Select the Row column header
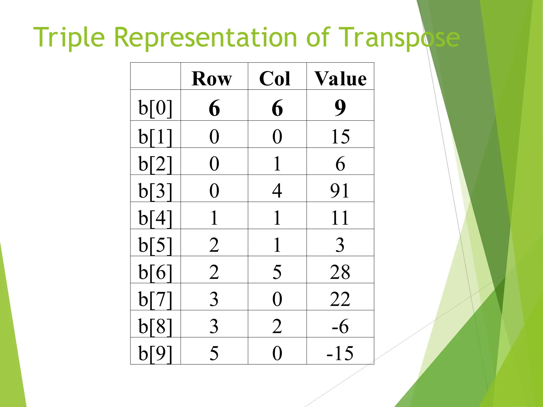click(212, 79)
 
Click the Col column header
click(275, 79)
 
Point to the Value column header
click(340, 79)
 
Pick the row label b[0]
click(155, 108)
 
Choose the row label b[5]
click(155, 245)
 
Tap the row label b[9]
click(155, 353)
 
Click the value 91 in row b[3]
click(340, 191)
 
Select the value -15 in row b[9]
click(340, 353)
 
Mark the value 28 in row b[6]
click(340, 272)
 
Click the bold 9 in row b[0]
click(340, 108)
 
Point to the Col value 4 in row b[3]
click(277, 191)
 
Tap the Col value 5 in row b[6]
click(277, 272)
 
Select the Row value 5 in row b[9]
click(214, 353)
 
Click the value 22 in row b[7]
click(340, 299)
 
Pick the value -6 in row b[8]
click(340, 326)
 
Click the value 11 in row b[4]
click(340, 218)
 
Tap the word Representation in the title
click(205, 38)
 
